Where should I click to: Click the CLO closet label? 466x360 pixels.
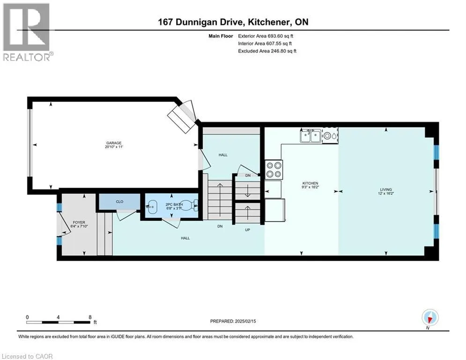pyautogui.click(x=119, y=202)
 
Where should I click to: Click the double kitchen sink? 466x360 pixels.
pyautogui.click(x=311, y=136)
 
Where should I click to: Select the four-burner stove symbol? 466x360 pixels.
pyautogui.click(x=274, y=170)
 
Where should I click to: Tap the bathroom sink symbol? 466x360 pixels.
pyautogui.click(x=152, y=206)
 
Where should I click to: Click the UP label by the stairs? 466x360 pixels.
pyautogui.click(x=247, y=230)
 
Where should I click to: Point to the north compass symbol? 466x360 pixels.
pyautogui.click(x=430, y=317)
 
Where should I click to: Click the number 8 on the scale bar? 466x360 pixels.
pyautogui.click(x=90, y=317)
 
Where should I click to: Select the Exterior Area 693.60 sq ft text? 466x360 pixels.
pyautogui.click(x=266, y=36)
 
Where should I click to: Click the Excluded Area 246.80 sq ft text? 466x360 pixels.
pyautogui.click(x=267, y=51)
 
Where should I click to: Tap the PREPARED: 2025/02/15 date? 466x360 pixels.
pyautogui.click(x=233, y=321)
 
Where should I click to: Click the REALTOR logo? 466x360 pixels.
pyautogui.click(x=27, y=32)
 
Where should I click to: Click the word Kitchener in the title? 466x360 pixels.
pyautogui.click(x=269, y=22)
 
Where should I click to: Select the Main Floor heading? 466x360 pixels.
pyautogui.click(x=221, y=36)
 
